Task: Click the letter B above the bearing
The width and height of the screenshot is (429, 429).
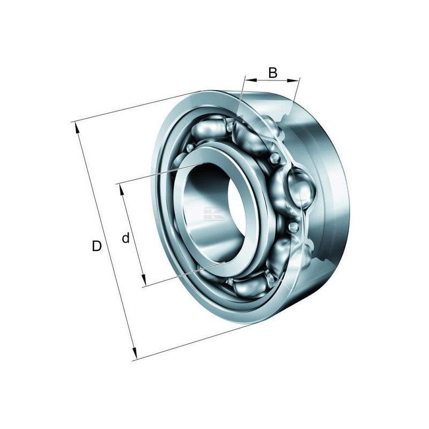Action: click(273, 72)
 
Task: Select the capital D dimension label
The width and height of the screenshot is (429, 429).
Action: click(97, 246)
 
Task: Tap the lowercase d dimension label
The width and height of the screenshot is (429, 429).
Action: click(125, 238)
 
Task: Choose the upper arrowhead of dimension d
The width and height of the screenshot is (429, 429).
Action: click(122, 190)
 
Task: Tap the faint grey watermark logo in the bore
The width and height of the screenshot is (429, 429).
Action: click(213, 213)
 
